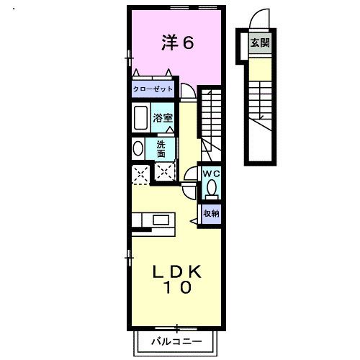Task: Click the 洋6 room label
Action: (176, 42)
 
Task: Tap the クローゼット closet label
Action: (153, 89)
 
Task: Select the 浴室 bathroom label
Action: (162, 117)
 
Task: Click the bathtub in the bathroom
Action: (140, 117)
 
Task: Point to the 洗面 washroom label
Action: (161, 148)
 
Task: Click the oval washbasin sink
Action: (138, 148)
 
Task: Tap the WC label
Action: (211, 175)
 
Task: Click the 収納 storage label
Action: (210, 213)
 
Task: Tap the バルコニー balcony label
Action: (176, 341)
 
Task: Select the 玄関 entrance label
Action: (259, 42)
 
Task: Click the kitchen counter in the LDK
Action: (150, 220)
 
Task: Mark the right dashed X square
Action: (165, 172)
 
